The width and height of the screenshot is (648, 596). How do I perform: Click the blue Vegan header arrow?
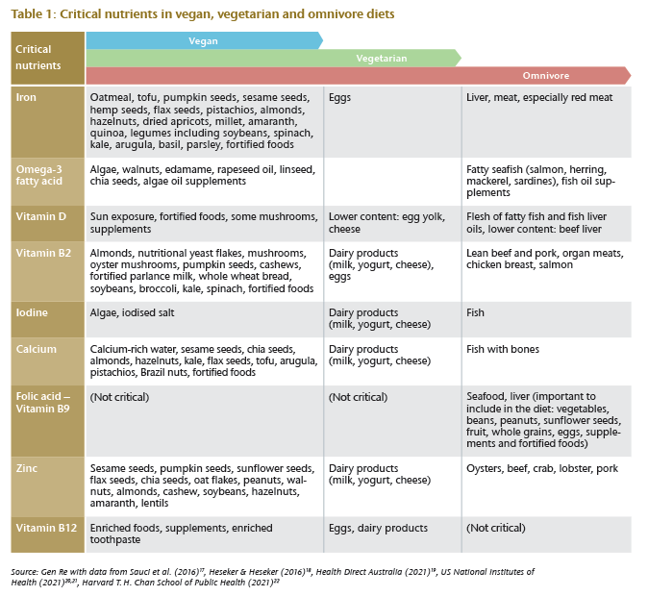coord(204,40)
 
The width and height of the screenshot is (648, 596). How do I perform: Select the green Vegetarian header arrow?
coord(273,58)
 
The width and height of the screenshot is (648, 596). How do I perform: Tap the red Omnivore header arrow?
coord(359,76)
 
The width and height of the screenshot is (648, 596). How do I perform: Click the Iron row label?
coord(26,97)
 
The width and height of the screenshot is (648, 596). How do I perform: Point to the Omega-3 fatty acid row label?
coord(39,175)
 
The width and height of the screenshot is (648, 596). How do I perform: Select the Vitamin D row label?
coord(41,216)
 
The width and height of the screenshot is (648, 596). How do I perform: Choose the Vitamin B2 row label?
coord(43,253)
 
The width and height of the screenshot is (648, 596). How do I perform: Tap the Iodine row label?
coord(32,312)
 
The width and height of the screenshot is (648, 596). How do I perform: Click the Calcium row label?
coord(36,349)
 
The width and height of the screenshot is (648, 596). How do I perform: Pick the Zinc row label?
coord(27,468)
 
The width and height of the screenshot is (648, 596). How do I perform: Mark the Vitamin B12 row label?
coord(46,528)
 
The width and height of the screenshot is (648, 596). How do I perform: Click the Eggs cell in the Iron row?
coord(339,98)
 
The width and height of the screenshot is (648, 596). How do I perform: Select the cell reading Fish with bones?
coord(503,349)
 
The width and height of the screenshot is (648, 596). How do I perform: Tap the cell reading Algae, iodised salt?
coord(133,312)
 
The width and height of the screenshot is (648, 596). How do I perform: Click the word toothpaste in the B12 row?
coord(115,540)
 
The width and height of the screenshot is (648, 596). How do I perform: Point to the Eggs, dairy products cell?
coord(378,528)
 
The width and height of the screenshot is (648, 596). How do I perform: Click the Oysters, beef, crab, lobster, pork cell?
coord(542,469)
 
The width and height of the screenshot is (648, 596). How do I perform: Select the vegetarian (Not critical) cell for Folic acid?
coord(358,397)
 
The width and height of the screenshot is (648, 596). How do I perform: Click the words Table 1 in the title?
coord(33,14)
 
